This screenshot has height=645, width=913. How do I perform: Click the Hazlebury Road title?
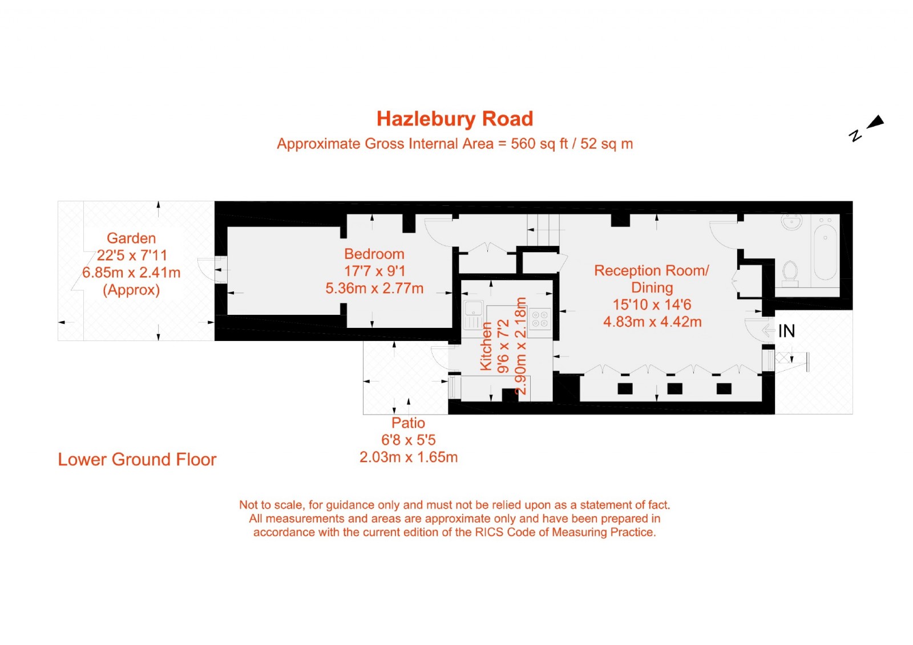click(x=455, y=119)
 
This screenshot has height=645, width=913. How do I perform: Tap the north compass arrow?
click(x=875, y=122)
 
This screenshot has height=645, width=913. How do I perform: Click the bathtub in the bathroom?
click(x=825, y=251)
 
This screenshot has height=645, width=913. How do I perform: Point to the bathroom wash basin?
click(x=792, y=222)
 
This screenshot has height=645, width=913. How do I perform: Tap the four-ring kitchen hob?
click(x=540, y=319)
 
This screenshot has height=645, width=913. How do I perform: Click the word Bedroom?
click(x=374, y=254)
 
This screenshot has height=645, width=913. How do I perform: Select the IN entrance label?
click(x=786, y=331)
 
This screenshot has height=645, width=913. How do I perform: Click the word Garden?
click(x=131, y=238)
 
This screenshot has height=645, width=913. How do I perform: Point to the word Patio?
click(x=408, y=423)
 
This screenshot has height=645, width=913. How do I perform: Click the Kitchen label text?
click(x=486, y=346)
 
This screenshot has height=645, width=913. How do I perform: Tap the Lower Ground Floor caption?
click(x=137, y=460)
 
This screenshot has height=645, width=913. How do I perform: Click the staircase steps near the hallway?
click(x=542, y=230)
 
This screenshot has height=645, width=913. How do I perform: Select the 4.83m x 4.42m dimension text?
click(x=652, y=322)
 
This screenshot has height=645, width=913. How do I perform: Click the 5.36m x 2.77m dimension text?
click(x=374, y=289)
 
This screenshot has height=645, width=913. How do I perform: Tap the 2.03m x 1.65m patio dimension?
click(x=409, y=457)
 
